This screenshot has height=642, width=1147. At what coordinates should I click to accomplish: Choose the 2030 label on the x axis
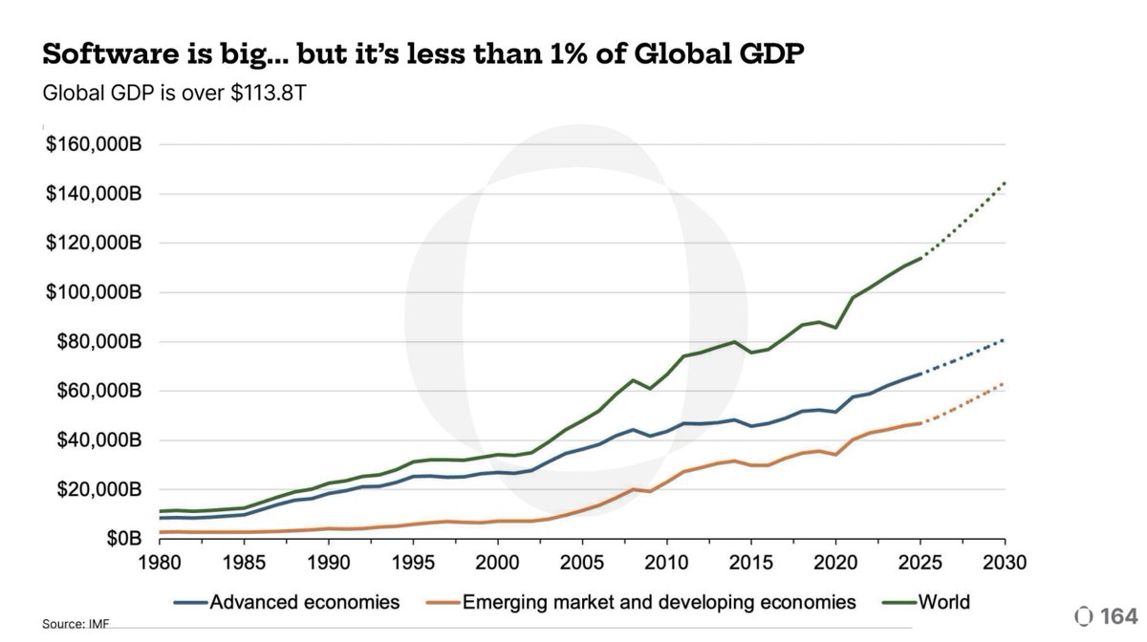pos(1005,562)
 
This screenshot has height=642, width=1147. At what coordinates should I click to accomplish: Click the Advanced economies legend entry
pos(287,602)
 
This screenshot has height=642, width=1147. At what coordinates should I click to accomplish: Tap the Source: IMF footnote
pos(73,624)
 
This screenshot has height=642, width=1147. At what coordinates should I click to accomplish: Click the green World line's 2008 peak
pos(633,380)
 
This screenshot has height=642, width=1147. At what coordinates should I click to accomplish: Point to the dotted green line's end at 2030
pos(1005,182)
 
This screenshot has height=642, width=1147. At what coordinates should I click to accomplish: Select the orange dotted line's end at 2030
pos(1005,384)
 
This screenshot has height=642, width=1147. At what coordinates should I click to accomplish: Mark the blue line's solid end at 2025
pos(920,374)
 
